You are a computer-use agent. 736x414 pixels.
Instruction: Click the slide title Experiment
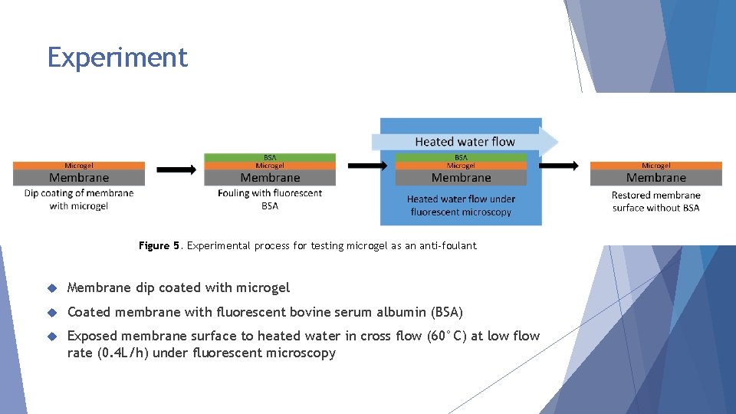pos(117,58)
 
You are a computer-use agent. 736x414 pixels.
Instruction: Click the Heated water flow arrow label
pos(465,142)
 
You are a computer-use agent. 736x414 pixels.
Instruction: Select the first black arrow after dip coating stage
pos(176,169)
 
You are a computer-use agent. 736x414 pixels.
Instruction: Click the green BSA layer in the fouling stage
pos(270,158)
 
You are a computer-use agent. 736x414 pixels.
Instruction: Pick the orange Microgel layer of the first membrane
pos(79,166)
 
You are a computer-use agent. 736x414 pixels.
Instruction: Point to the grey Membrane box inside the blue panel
pos(461,178)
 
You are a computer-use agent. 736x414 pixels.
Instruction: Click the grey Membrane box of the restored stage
pos(655,178)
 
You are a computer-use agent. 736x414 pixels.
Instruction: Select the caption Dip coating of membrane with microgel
pos(79,199)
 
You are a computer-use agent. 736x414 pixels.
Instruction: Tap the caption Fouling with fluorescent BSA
pos(270,199)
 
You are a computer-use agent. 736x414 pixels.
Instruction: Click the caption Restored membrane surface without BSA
pos(655,201)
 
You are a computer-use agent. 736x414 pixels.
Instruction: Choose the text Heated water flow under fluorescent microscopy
pos(461,205)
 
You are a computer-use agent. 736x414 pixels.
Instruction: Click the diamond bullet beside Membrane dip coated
pos(52,288)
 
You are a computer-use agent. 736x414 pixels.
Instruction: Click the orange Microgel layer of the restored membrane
pos(655,166)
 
